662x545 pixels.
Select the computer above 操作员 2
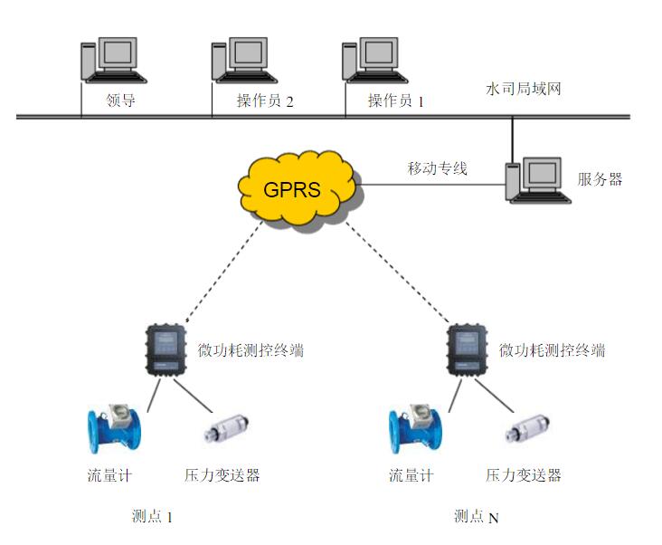point(240,61)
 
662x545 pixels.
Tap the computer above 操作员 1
point(371,61)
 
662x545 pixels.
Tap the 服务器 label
point(600,179)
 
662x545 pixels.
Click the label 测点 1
point(151,517)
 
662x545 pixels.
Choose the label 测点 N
point(476,518)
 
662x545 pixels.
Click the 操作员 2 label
point(265,101)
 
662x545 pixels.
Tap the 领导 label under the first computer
point(120,100)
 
